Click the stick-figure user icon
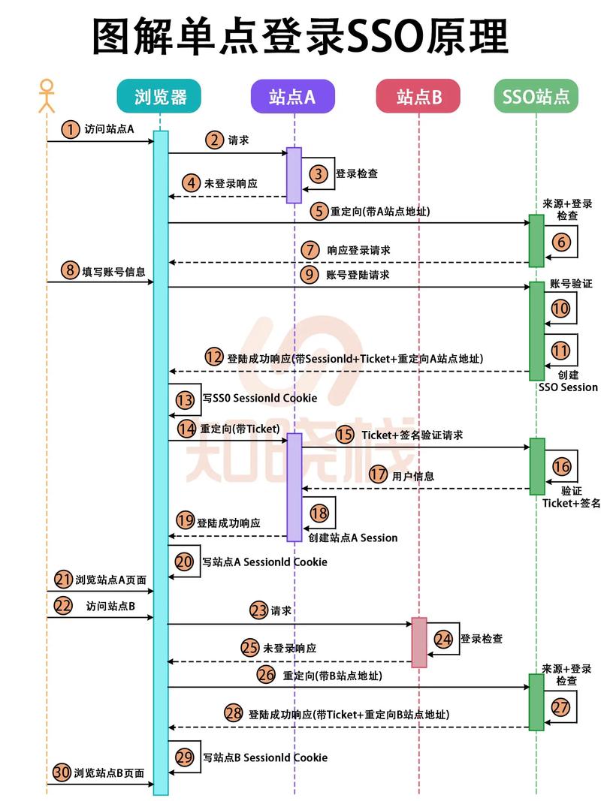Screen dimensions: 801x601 [x=47, y=95]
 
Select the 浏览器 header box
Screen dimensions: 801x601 [x=161, y=96]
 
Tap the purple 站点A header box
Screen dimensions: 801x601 [x=293, y=96]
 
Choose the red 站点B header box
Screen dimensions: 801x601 [x=418, y=96]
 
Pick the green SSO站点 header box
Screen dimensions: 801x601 [x=536, y=96]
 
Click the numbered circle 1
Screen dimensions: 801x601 [x=70, y=129]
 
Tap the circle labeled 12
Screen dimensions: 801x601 [x=214, y=358]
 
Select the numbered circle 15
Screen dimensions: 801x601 [x=345, y=434]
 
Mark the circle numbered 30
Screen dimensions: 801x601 [x=62, y=772]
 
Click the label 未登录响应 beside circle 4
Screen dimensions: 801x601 [x=231, y=183]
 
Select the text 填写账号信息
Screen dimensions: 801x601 [x=113, y=271]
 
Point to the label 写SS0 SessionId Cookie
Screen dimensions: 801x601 [x=259, y=398]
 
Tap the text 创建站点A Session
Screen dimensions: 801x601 [x=353, y=538]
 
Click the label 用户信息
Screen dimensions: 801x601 [x=413, y=476]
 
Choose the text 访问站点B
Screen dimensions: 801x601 [x=110, y=606]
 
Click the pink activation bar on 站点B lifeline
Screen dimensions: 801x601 [x=418, y=642]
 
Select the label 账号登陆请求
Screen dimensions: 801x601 [x=358, y=275]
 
